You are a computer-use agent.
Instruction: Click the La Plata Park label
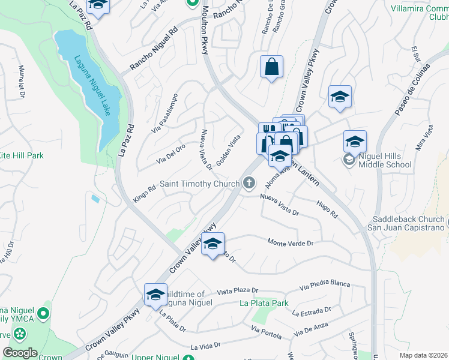[265, 304]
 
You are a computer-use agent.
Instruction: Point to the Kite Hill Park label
[22, 155]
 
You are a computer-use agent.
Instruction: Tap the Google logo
[20, 352]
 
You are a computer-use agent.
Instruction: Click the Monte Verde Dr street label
[291, 243]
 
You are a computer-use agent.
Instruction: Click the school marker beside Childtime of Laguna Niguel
[155, 294]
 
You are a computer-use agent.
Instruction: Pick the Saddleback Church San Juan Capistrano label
[407, 224]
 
